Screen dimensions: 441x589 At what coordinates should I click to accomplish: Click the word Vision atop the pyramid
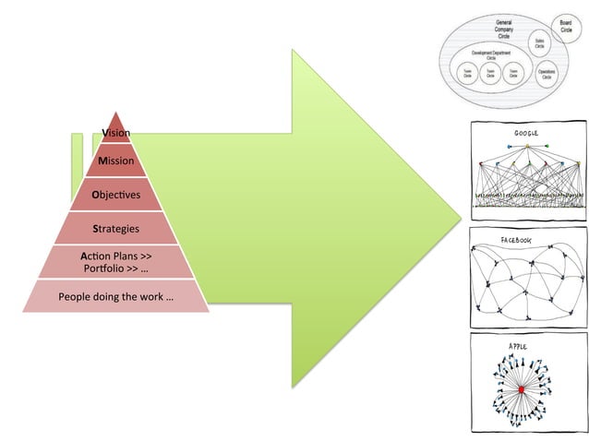tap(116, 133)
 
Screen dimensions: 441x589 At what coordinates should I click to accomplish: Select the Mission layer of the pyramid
tap(116, 161)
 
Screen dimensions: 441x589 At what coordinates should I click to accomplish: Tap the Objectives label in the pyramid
tap(116, 196)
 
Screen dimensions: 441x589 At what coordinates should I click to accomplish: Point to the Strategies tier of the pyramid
tap(116, 228)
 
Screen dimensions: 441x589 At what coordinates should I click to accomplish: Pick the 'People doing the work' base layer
tap(116, 297)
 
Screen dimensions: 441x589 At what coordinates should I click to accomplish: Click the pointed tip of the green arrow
tap(460, 219)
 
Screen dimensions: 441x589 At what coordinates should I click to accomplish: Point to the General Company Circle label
tap(503, 28)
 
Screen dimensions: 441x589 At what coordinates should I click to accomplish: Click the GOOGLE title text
tap(526, 134)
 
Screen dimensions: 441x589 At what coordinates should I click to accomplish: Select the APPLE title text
tap(519, 346)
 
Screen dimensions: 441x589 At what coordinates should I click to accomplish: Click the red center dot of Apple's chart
tap(522, 391)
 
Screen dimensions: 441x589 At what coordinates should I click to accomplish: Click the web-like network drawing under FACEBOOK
tap(526, 282)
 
